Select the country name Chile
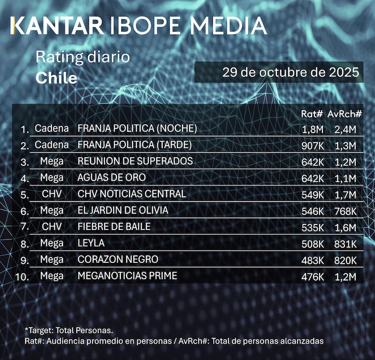pos(56,78)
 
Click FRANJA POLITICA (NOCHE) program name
pos(137,128)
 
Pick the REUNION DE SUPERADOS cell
pos(135,161)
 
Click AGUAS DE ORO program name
pos(112,177)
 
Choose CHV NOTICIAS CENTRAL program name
pos(132,194)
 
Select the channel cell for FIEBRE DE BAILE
pos(52,227)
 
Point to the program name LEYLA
pos(91,243)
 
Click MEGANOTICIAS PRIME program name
pos(127,276)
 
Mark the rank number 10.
pos(22,276)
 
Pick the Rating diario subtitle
pos(82,58)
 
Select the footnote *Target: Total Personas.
pos(69,330)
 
